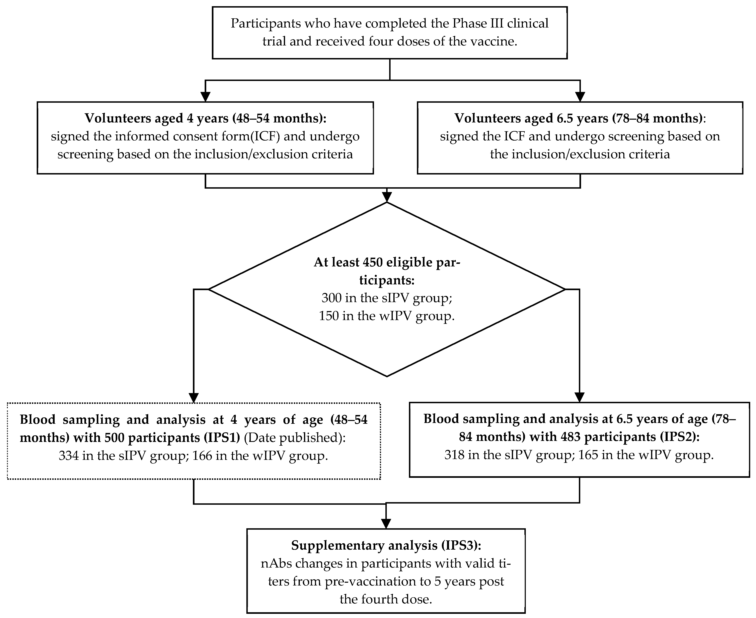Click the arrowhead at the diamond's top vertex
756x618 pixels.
pos(387,197)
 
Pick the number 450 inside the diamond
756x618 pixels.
pos(372,262)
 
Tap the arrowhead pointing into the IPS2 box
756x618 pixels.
pos(579,397)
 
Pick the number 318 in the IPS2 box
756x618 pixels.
pos(454,455)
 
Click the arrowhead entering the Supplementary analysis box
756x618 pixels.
pos(386,524)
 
